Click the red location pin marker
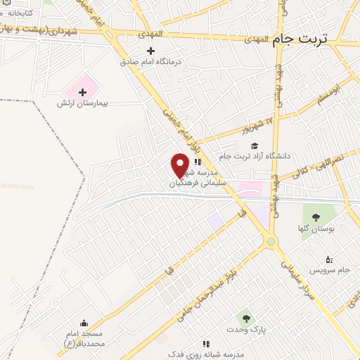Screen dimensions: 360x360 click(180, 165)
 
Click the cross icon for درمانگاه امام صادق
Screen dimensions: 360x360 click(150, 51)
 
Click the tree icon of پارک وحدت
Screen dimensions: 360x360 click(245, 319)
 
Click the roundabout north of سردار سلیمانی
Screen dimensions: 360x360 click(271, 242)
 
